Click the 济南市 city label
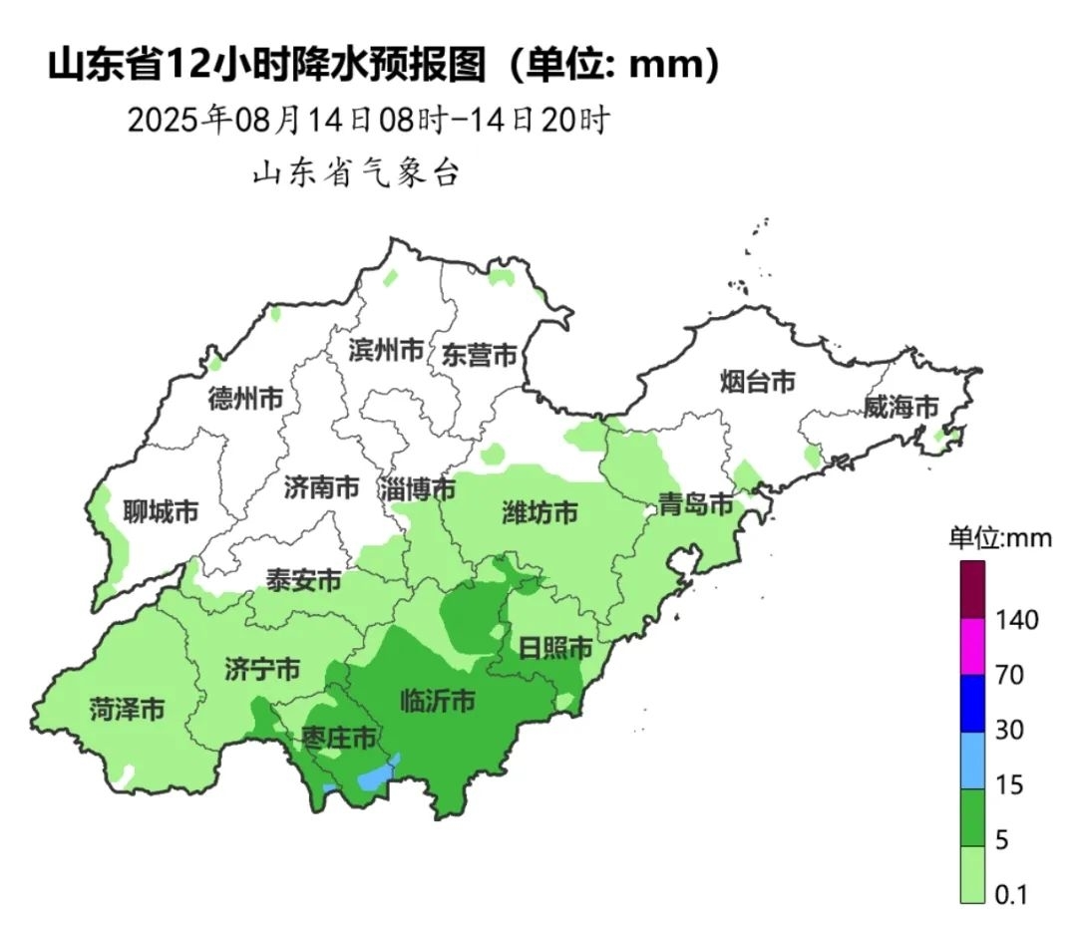coord(321,487)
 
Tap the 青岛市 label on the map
coord(696,504)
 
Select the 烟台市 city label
coord(758,381)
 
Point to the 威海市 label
coord(901,407)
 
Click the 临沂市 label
coord(437,701)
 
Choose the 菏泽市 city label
coord(127,710)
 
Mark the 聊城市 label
coord(161,512)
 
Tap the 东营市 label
coord(481,355)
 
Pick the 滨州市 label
coord(386,350)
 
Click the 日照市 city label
coord(555,648)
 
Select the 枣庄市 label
coord(339,739)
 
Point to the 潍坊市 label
coord(539,513)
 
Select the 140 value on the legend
coord(1017,620)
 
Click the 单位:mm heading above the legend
coord(999,538)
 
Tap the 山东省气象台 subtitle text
coord(355,173)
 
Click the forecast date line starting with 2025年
coord(368,121)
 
